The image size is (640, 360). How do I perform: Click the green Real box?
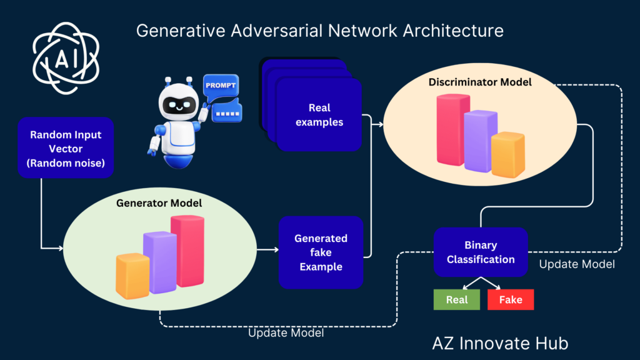(x=457, y=300)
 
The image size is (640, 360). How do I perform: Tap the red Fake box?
(x=511, y=300)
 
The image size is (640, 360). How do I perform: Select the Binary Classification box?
(x=481, y=252)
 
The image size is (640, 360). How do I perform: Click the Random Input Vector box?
(x=66, y=147)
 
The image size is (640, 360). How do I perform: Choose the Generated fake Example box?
(x=321, y=252)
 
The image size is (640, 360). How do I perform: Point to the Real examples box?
(x=319, y=114)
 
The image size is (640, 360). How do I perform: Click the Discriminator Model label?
(x=480, y=82)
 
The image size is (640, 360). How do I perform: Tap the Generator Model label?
(x=159, y=204)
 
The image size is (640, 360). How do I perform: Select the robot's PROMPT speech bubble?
(x=221, y=85)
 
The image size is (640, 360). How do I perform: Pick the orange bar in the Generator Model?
(x=132, y=276)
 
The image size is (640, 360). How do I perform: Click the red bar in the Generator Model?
(x=187, y=250)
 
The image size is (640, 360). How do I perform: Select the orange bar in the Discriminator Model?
(x=507, y=154)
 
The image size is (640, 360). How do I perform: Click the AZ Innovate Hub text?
(x=500, y=343)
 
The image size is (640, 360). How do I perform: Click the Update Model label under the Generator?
(x=286, y=333)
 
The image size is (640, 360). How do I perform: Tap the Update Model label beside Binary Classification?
(x=576, y=264)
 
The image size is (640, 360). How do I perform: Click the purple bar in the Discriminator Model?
(x=480, y=140)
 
